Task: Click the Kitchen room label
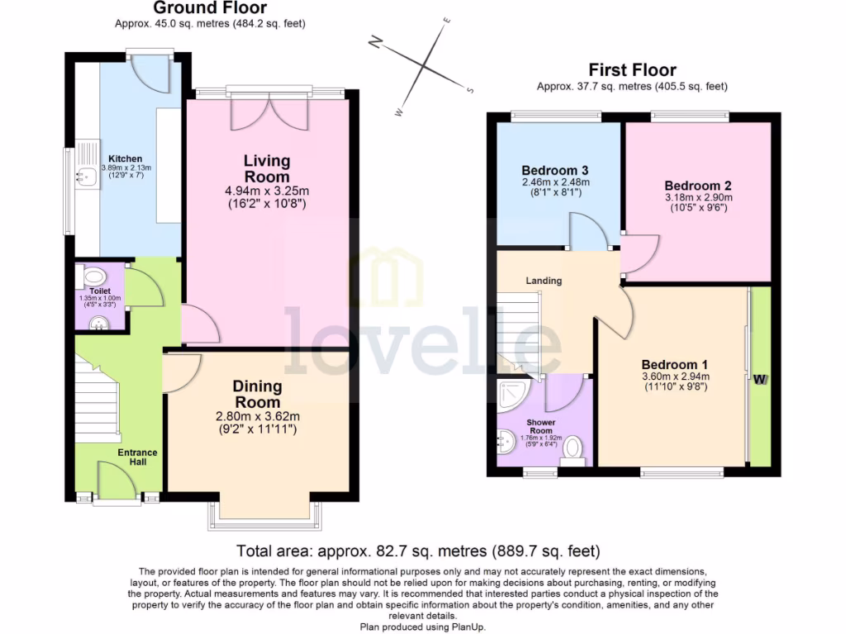[125, 158]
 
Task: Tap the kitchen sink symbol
[83, 174]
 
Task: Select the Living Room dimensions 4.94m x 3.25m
[267, 191]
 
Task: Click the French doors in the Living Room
[267, 111]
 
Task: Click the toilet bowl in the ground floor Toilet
[94, 277]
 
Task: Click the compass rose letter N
[375, 43]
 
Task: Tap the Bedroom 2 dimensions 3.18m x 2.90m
[699, 198]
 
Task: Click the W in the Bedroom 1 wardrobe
[759, 379]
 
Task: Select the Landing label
[544, 281]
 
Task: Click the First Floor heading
[631, 70]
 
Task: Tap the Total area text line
[418, 551]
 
